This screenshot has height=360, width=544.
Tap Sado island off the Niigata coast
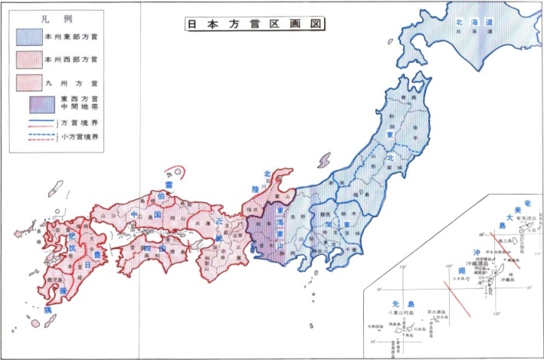click(x=323, y=161)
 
